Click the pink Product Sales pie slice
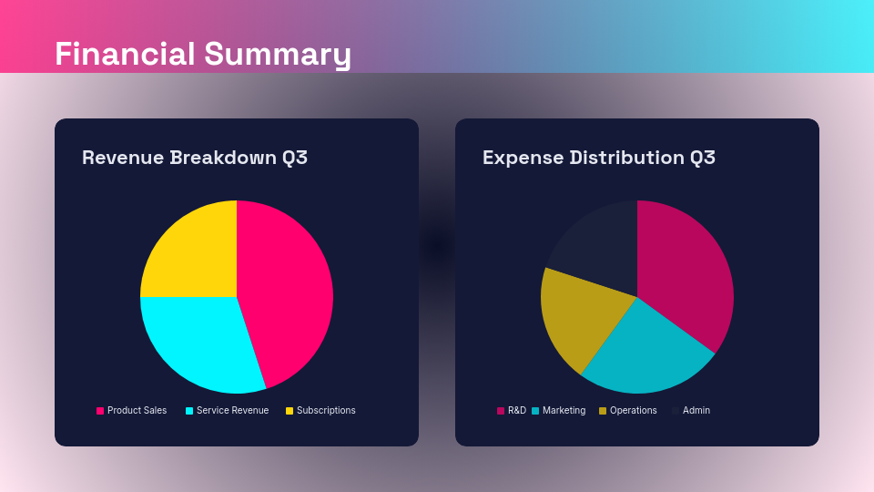click(287, 292)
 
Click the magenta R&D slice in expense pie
click(687, 273)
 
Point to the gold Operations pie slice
click(578, 314)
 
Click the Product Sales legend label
click(137, 411)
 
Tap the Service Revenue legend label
click(232, 411)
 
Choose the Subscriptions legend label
click(326, 411)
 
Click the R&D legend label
click(517, 411)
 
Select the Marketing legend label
click(564, 411)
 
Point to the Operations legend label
click(633, 411)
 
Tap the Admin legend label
click(696, 411)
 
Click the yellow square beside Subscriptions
click(290, 411)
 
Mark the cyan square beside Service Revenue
click(189, 411)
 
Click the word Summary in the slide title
click(278, 54)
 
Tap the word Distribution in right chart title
click(625, 158)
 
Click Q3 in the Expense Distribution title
click(702, 158)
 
